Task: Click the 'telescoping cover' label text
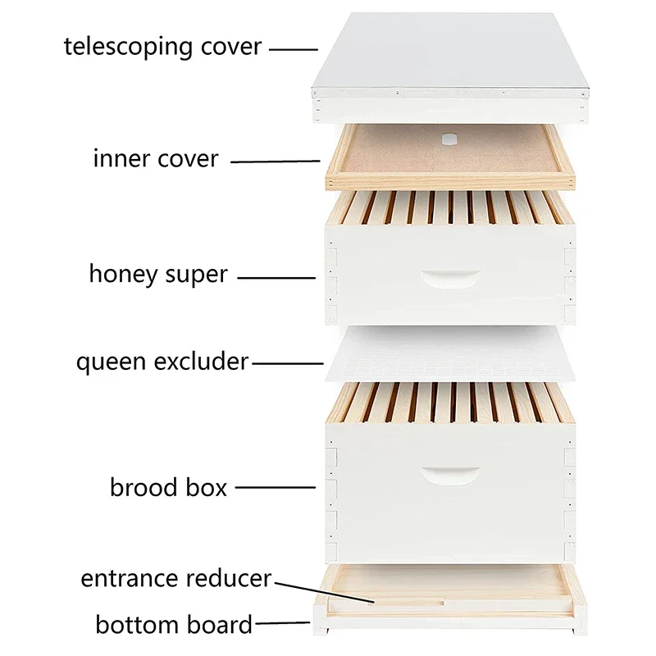click(162, 46)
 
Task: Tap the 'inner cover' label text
click(156, 158)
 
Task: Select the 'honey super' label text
click(158, 274)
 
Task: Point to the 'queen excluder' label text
click(162, 362)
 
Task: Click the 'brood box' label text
click(168, 487)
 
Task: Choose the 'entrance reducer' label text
click(175, 578)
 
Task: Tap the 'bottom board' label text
click(174, 625)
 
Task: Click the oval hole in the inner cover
click(449, 139)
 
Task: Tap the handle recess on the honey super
click(450, 277)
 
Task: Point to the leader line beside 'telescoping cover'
click(294, 49)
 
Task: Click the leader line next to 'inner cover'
click(275, 162)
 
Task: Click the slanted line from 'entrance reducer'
click(324, 592)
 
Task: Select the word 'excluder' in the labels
click(205, 362)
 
